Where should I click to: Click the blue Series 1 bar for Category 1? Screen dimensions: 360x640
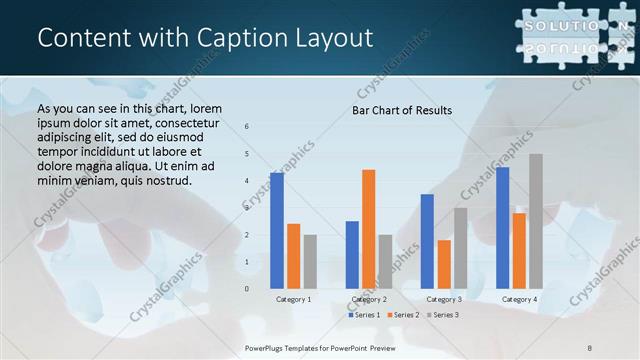(277, 231)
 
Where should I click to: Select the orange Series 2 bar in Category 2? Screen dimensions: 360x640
(369, 229)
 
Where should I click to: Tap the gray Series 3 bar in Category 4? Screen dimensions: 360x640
(536, 221)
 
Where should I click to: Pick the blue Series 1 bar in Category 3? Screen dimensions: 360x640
(427, 241)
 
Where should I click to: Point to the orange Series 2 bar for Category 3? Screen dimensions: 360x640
(444, 264)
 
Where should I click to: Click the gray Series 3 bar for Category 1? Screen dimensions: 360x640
(310, 261)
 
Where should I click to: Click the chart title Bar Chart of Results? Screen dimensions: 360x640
(402, 110)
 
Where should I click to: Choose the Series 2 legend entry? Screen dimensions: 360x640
(403, 315)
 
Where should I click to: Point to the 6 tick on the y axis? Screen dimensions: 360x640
(247, 127)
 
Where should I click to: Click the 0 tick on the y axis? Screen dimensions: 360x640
(247, 289)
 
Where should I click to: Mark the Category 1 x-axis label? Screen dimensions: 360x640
(293, 299)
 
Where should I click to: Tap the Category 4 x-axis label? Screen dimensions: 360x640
(519, 299)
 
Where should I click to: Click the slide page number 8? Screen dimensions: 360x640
(590, 347)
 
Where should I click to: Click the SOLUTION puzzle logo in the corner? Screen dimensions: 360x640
(573, 35)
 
